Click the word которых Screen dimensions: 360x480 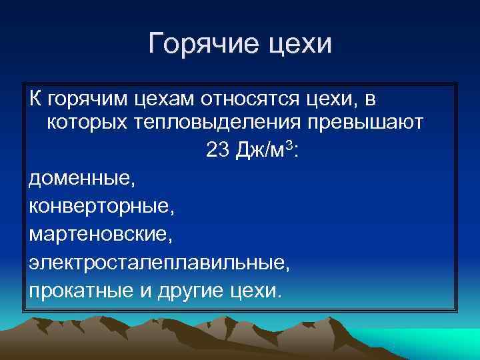85,123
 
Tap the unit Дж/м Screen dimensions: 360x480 262,151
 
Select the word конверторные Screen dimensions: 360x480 102,207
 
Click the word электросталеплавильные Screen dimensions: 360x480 159,263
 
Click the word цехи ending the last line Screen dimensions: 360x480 257,291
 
